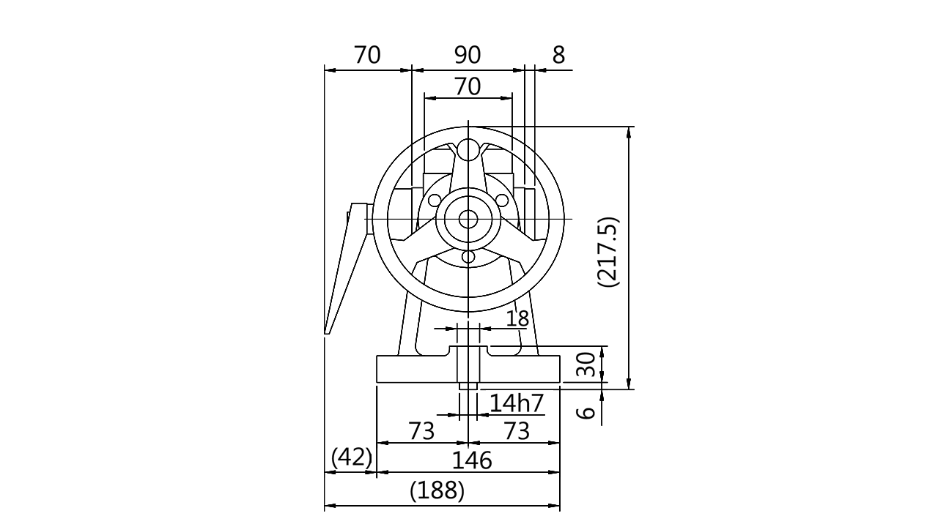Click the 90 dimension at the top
pos(466,55)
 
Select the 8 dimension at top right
pos(559,55)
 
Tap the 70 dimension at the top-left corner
pos(367,55)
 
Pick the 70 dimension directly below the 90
pos(468,87)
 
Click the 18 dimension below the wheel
pos(517,318)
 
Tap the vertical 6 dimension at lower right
pos(586,412)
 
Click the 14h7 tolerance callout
pos(517,403)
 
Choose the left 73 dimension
pos(421,431)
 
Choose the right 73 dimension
pos(517,431)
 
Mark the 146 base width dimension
pos(471,460)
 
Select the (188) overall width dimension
pos(437,490)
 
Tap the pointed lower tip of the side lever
pos(328,333)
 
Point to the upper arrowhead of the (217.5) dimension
pos(626,133)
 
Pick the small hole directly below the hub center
pos(466,256)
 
